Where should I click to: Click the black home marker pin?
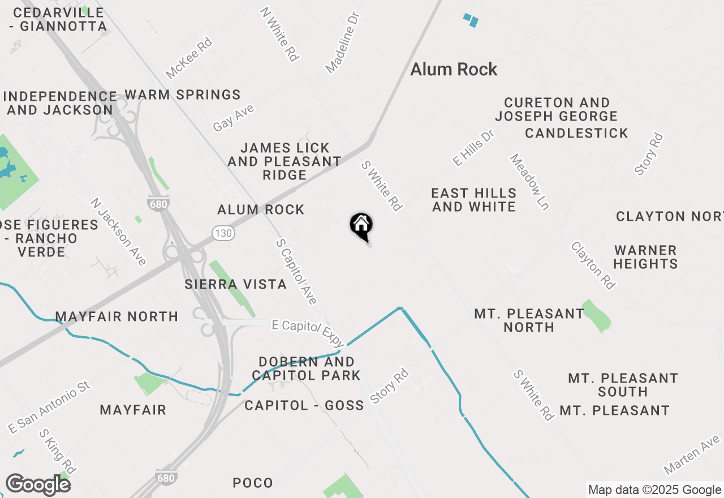tap(361, 226)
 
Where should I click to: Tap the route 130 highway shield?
tap(221, 233)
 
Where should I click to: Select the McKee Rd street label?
tap(188, 58)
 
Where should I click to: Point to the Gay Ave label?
tap(234, 118)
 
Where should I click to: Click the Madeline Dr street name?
tap(343, 42)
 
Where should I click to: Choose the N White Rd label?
tap(280, 34)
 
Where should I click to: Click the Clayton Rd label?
tap(593, 265)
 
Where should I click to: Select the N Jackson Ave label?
tap(119, 231)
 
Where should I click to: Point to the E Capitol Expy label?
tap(308, 333)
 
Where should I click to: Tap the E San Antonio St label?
tap(49, 407)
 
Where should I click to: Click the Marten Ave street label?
tap(692, 454)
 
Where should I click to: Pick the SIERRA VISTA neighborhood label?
tap(235, 284)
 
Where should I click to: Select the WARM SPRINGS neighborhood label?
tap(183, 95)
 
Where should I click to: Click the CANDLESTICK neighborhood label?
tap(576, 133)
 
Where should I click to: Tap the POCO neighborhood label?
tap(253, 483)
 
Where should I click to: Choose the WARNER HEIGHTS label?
tap(645, 257)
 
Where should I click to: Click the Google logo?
tap(38, 484)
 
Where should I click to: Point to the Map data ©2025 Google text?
tap(654, 490)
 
